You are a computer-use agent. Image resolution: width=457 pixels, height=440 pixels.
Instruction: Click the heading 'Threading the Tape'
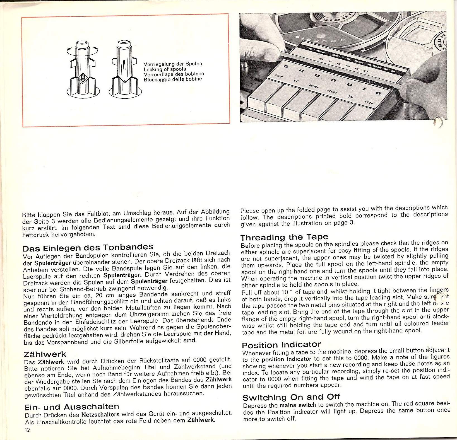pos(284,237)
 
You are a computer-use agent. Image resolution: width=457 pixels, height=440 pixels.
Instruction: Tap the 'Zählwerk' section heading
pos(45,354)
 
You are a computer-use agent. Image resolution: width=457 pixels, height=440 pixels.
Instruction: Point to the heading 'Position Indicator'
pos(282,345)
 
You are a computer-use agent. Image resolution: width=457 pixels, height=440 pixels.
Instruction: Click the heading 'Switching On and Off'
pos(291,397)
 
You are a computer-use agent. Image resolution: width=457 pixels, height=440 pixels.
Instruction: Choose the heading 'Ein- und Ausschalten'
pos(72,407)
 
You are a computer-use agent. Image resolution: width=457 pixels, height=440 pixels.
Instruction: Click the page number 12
pos(27,430)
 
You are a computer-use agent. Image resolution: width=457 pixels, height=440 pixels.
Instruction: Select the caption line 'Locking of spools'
pos(165,69)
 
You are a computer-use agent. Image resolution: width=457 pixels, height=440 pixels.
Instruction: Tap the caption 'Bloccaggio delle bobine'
pos(173,79)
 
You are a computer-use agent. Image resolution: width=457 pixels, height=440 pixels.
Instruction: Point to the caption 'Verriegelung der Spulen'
pos(173,64)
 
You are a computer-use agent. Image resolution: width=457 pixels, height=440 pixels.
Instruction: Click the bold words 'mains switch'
pos(298,405)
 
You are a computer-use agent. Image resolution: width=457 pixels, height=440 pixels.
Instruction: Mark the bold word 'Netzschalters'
pos(100,415)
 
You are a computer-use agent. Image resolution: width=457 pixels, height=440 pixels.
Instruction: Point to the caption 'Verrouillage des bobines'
pos(174,74)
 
